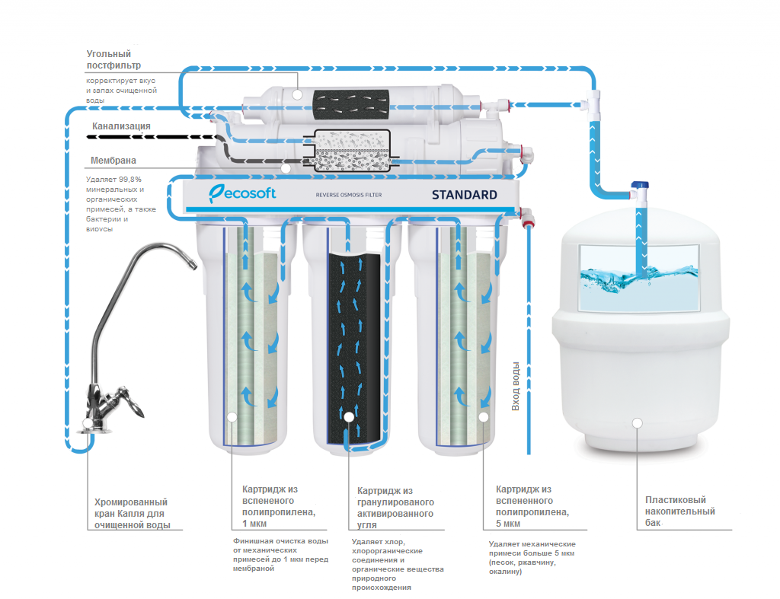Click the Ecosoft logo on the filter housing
pyautogui.click(x=242, y=193)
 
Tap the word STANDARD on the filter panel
pyautogui.click(x=464, y=195)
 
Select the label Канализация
pyautogui.click(x=121, y=126)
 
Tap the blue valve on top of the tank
pyautogui.click(x=639, y=185)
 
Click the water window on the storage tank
pyautogui.click(x=639, y=277)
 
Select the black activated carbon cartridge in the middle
pyautogui.click(x=349, y=343)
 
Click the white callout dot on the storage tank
pyautogui.click(x=637, y=422)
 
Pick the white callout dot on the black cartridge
pyautogui.click(x=349, y=416)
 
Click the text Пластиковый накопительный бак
pyautogui.click(x=679, y=511)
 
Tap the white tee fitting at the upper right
pyautogui.click(x=593, y=100)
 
